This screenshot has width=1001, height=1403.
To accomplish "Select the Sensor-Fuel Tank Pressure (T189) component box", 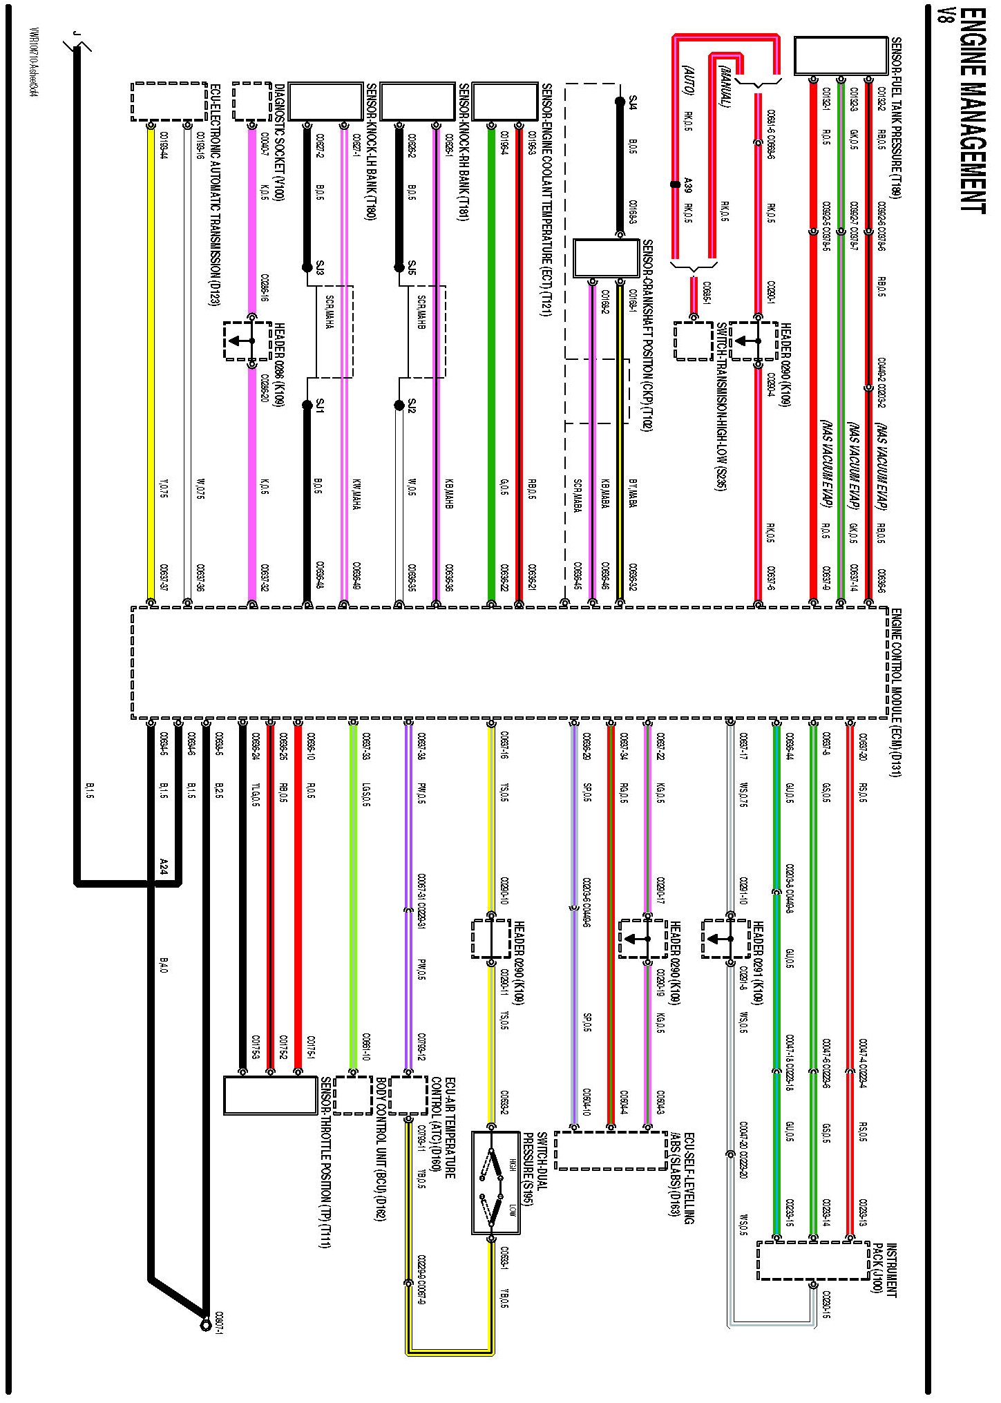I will [x=840, y=55].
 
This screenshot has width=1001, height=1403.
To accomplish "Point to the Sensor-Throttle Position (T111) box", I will [x=270, y=1095].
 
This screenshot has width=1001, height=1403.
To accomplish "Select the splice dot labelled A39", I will [x=675, y=184].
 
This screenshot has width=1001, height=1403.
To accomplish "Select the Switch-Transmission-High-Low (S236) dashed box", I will [x=693, y=341].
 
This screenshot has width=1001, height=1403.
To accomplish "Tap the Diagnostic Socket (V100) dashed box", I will [x=251, y=102].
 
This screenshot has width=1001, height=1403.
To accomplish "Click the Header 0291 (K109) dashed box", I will [x=725, y=938].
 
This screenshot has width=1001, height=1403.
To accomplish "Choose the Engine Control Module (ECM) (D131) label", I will [x=895, y=691].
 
